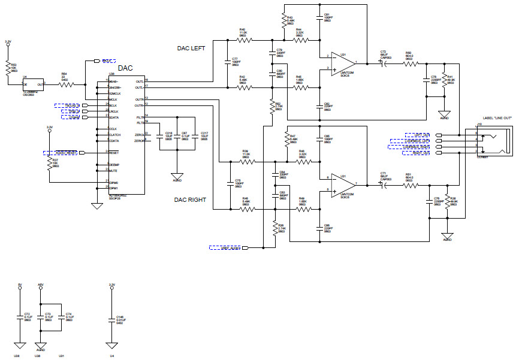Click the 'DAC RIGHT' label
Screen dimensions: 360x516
(x=190, y=200)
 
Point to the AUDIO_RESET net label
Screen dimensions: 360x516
(x=63, y=153)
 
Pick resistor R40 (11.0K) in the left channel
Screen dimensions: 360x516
(x=243, y=40)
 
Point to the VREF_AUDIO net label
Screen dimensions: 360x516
(x=225, y=247)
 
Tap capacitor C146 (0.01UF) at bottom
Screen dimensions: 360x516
(x=111, y=320)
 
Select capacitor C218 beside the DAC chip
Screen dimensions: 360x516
(x=159, y=136)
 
